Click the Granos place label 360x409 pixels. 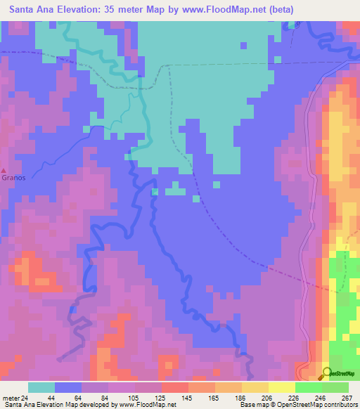13,178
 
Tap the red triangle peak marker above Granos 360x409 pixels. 4,170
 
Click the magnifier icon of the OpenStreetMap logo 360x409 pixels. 327,372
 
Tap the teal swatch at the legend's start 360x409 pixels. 41,387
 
